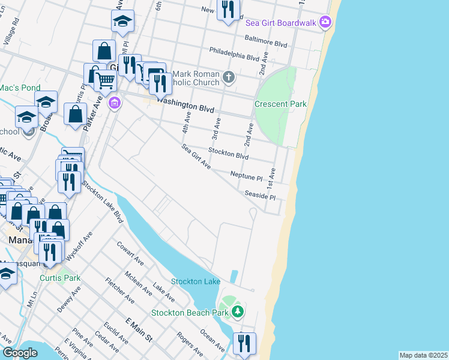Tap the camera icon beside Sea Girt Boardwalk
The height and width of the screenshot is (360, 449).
point(325,22)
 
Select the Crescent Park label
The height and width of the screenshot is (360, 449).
point(280,104)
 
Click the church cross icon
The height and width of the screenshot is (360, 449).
point(228,77)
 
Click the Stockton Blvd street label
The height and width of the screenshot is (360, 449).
point(228,154)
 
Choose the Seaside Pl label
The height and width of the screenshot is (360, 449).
point(260,196)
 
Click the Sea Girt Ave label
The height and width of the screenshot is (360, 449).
point(196,155)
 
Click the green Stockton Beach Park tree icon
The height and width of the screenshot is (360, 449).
point(238,311)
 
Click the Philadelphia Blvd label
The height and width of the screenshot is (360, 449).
point(234,54)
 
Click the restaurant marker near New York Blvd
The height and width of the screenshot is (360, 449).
point(227,10)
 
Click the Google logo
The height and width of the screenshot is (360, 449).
point(20,353)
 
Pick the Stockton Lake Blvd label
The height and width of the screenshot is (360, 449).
point(103,202)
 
